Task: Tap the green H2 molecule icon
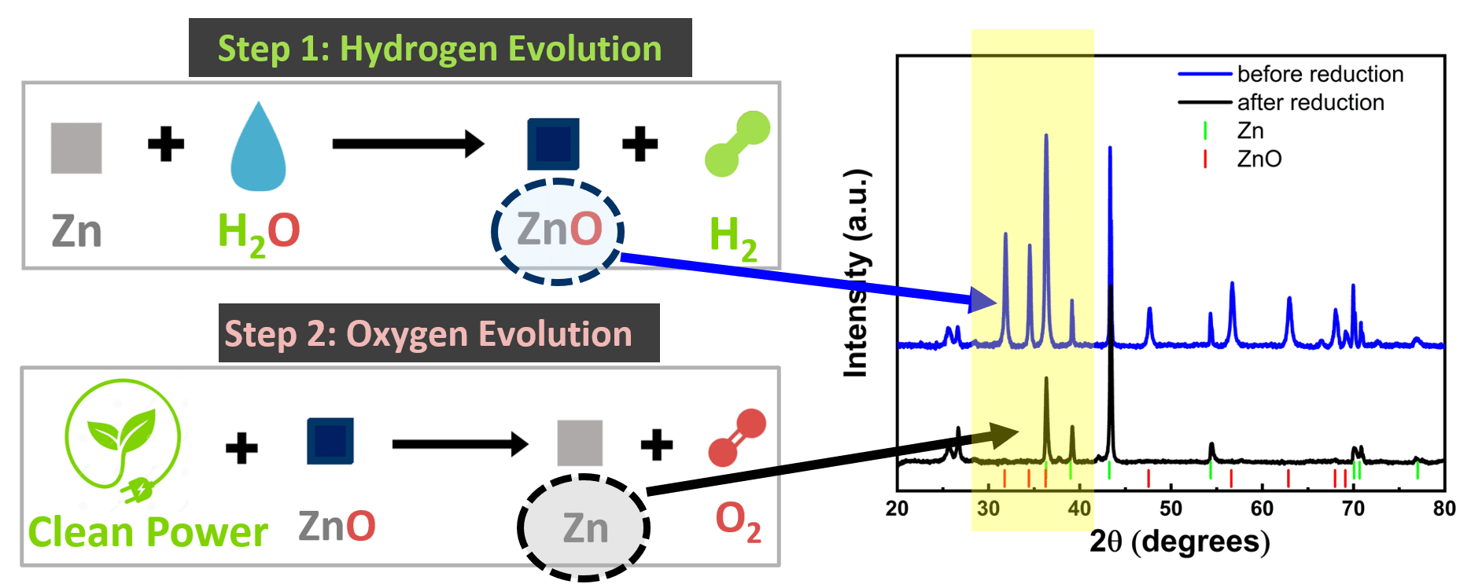pyautogui.click(x=737, y=143)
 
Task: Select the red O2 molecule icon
pyautogui.click(x=737, y=438)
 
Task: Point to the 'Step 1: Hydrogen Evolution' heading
pyautogui.click(x=440, y=48)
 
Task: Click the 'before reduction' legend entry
pyautogui.click(x=1291, y=74)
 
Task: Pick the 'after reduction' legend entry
pyautogui.click(x=1281, y=102)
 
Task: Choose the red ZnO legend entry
pyautogui.click(x=1243, y=159)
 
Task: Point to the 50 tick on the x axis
pyautogui.click(x=1171, y=509)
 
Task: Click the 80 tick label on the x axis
pyautogui.click(x=1444, y=509)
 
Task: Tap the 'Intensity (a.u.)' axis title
pyautogui.click(x=857, y=273)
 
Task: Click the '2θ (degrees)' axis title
pyautogui.click(x=1179, y=542)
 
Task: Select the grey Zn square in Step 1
pyautogui.click(x=76, y=148)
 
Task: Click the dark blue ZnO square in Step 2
pyautogui.click(x=330, y=441)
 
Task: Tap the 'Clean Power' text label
pyautogui.click(x=148, y=532)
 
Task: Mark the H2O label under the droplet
pyautogui.click(x=259, y=233)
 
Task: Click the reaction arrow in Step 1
pyautogui.click(x=408, y=144)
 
